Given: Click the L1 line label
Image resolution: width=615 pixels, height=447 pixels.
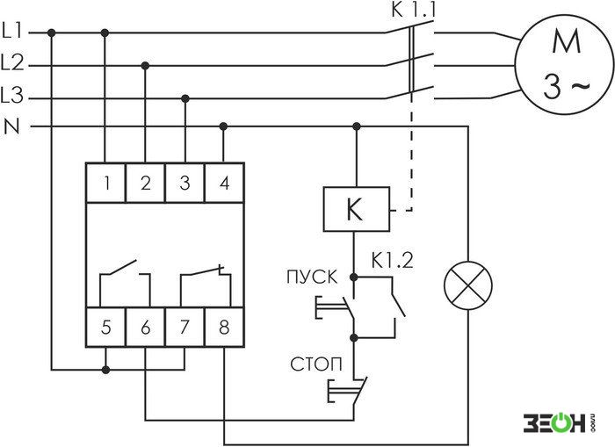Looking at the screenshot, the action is [12, 31].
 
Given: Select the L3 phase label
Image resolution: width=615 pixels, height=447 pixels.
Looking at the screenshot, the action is [12, 96].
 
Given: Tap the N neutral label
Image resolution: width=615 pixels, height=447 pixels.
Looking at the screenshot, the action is [11, 126].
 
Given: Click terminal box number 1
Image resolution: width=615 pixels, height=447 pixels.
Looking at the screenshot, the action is [106, 183].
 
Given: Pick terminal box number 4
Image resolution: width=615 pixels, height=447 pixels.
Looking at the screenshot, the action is [224, 183].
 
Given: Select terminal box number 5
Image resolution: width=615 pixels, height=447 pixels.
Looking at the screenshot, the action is [106, 328].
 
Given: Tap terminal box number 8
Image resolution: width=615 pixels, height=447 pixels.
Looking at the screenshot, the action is [224, 328].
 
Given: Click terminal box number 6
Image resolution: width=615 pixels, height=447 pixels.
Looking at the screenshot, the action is [146, 328].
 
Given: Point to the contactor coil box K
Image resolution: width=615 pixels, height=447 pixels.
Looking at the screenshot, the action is [356, 209].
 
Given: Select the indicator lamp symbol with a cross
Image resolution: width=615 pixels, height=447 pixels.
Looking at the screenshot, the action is [468, 285].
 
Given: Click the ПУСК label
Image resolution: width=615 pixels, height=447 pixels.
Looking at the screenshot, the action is [312, 278].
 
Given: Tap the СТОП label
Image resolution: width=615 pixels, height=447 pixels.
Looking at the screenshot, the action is [316, 364].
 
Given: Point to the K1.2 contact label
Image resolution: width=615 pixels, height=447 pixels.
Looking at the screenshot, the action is [392, 260].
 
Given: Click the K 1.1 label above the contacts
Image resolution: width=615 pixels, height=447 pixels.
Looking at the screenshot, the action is [414, 10].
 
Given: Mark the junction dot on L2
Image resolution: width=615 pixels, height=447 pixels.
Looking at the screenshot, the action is [145, 66].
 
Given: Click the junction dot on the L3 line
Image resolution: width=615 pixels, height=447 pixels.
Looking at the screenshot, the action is [185, 98].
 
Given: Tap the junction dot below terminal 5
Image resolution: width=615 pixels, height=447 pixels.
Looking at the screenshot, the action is [105, 370].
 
